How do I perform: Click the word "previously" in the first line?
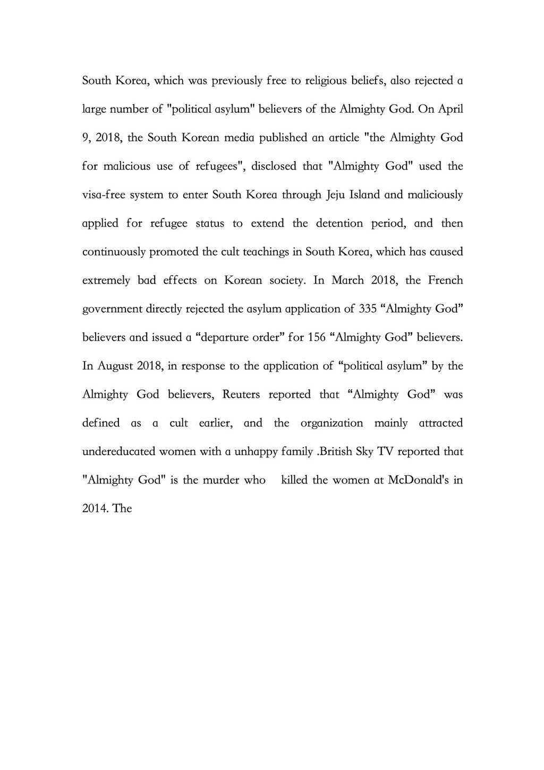(236, 81)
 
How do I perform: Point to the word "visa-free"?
(104, 195)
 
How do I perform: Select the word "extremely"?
(106, 280)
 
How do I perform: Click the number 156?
(317, 338)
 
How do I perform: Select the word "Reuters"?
(241, 395)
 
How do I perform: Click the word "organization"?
(331, 423)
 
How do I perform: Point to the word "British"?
(345, 452)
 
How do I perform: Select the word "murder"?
(220, 480)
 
